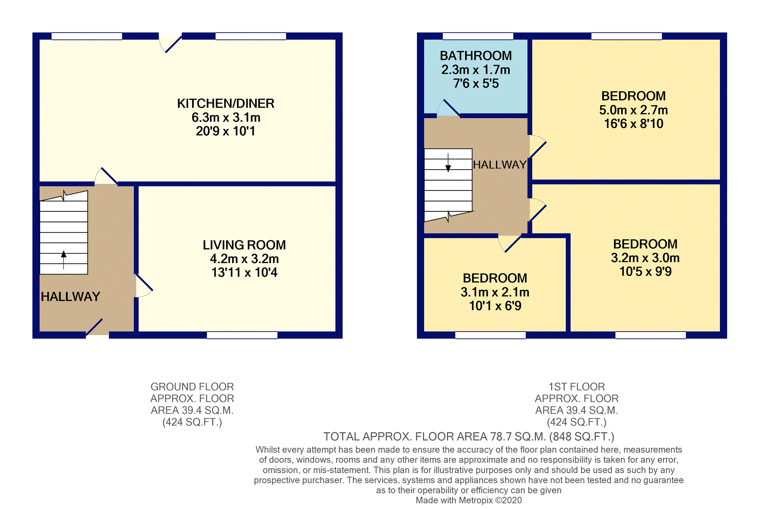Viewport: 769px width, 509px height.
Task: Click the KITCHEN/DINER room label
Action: (226, 103)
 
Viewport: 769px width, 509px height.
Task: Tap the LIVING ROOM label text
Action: (244, 245)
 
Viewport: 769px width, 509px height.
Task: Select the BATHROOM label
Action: (475, 56)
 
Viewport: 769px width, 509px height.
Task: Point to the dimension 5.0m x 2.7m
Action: (633, 110)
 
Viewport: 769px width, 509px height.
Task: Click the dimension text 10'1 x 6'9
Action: (495, 306)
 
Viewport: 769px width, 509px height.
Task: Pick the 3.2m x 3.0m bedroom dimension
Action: (645, 258)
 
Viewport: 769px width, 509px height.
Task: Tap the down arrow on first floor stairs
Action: (448, 167)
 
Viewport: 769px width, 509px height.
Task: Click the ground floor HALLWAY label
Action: (70, 297)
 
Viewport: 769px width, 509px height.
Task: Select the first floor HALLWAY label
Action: (499, 165)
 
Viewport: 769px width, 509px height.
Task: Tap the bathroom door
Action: (449, 108)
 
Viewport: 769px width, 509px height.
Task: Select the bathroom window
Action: (478, 36)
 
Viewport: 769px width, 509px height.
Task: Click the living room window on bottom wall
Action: (242, 335)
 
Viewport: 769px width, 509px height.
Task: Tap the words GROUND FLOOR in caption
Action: (192, 387)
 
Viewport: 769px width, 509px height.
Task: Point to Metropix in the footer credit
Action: (477, 500)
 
